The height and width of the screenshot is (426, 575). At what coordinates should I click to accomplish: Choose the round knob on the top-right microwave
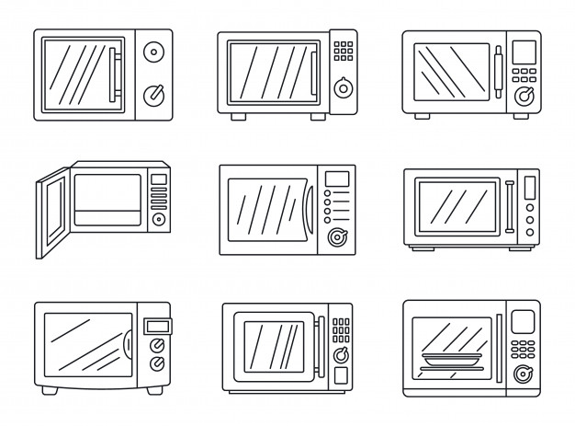pos(525,95)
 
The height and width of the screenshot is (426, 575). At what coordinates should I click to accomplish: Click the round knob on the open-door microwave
pos(158,219)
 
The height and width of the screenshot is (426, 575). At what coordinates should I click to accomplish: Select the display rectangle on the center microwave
pos(337,178)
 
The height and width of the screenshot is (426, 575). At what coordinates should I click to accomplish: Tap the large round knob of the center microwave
pos(336,237)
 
